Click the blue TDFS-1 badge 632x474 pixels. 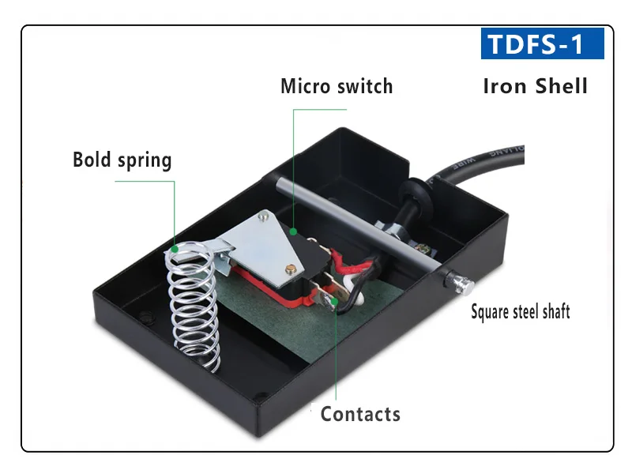pos(542,43)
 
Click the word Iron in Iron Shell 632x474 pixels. pos(506,85)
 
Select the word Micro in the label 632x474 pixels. pos(307,85)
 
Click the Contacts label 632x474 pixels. pos(360,413)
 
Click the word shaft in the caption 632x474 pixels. pos(553,311)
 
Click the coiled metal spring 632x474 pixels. pos(192,308)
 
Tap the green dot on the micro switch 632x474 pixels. pos(293,232)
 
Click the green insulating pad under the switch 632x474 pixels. pos(261,316)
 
